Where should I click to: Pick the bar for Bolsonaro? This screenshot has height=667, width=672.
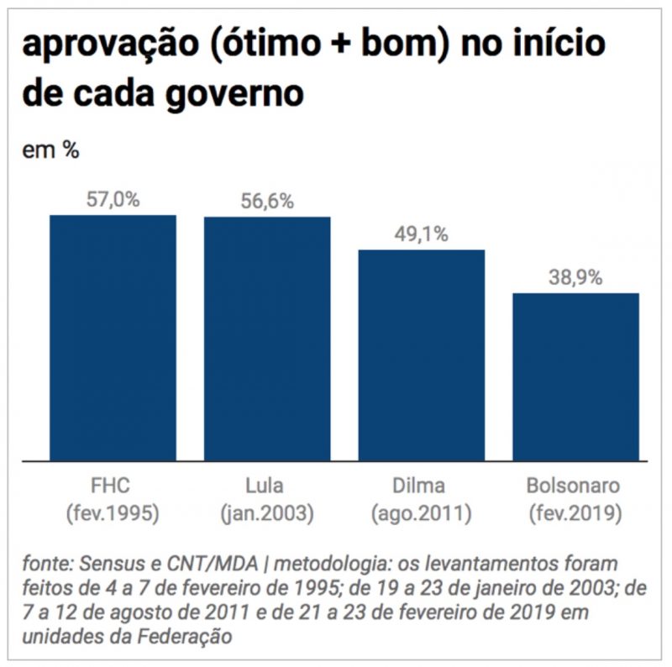pyautogui.click(x=576, y=377)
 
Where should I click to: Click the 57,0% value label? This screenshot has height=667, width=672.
pyautogui.click(x=113, y=200)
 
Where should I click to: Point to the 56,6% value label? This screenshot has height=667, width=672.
pyautogui.click(x=267, y=202)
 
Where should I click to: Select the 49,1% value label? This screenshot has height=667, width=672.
pyautogui.click(x=422, y=235)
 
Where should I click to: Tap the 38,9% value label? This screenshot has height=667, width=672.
pyautogui.click(x=576, y=279)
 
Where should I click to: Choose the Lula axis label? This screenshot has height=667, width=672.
pyautogui.click(x=267, y=486)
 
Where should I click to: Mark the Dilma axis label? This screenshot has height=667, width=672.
pyautogui.click(x=422, y=486)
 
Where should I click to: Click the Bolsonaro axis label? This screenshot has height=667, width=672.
pyautogui.click(x=575, y=486)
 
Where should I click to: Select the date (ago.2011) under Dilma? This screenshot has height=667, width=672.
pyautogui.click(x=422, y=512)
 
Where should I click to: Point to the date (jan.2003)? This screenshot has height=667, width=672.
pyautogui.click(x=267, y=512)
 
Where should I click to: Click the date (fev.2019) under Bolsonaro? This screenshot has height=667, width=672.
pyautogui.click(x=575, y=512)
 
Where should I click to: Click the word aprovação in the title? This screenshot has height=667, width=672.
pyautogui.click(x=117, y=45)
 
